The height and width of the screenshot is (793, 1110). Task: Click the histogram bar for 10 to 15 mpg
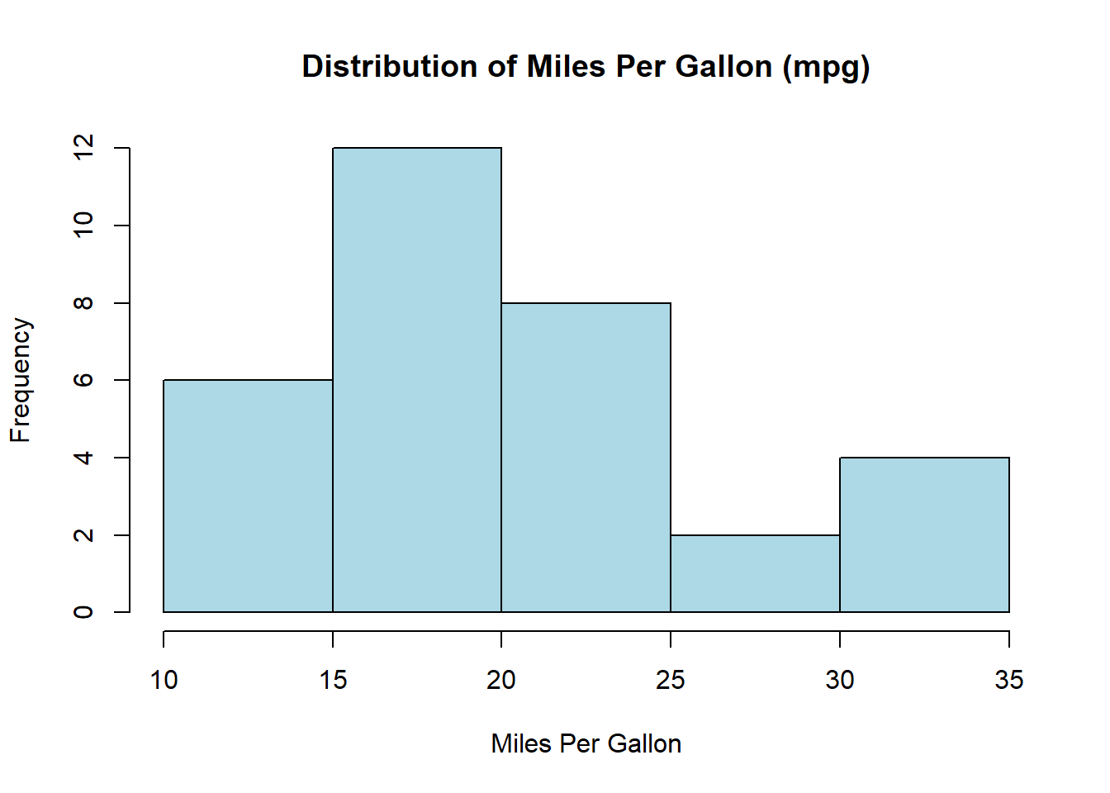pos(248,496)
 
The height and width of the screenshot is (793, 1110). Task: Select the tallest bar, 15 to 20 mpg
pos(417,380)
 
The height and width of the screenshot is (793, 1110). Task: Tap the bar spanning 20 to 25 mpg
pos(586,458)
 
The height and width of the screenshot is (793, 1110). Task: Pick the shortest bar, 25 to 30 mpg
pos(755,573)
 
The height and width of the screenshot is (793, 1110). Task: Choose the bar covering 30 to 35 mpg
pos(924,534)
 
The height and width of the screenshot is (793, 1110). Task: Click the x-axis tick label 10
pos(164,680)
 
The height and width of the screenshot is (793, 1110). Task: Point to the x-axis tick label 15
pos(333,680)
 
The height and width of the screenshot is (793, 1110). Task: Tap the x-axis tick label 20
pos(501,680)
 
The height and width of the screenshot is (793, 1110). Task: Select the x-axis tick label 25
pos(671,680)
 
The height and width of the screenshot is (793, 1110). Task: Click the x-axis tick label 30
pos(840,680)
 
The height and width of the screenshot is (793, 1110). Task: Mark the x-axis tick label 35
pos(1008,680)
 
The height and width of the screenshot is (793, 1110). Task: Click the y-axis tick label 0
pos(83,612)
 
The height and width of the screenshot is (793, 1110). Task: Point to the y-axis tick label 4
pos(83,458)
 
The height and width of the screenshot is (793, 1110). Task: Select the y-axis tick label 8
pos(83,303)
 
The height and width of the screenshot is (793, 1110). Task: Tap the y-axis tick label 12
pos(83,148)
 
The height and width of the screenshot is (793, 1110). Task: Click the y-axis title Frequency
pos(21,380)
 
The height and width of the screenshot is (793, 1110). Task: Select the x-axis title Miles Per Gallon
pos(586,743)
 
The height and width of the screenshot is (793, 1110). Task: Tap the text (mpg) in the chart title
pos(826,67)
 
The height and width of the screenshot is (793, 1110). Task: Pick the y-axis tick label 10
pos(83,225)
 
